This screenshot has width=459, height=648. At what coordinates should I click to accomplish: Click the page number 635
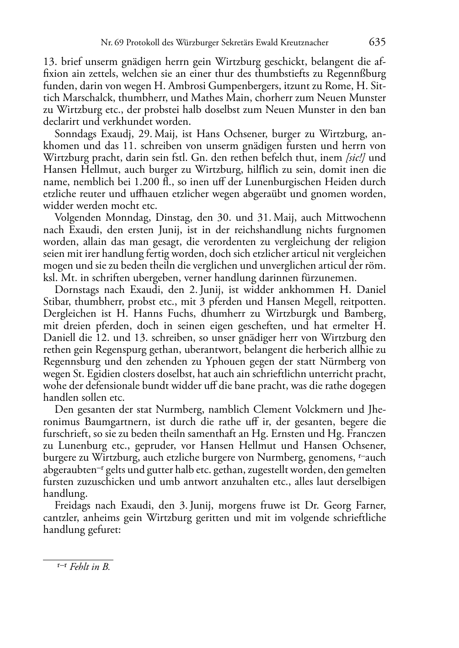click(377, 42)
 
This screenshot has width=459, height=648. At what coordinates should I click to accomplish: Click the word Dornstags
click(75, 290)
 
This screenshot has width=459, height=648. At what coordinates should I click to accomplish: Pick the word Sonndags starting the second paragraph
click(74, 134)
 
